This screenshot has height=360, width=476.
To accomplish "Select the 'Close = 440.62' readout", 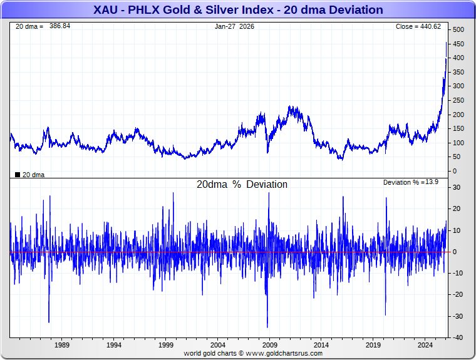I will [x=418, y=26].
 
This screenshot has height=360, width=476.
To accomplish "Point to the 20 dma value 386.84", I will [x=60, y=26].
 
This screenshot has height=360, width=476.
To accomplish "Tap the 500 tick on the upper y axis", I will [x=458, y=30].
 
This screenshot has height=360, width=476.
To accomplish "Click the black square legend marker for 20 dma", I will [x=17, y=175].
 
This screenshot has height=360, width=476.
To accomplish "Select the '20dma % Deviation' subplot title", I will [x=242, y=185].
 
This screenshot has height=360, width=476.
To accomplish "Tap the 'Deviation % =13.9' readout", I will [x=411, y=182].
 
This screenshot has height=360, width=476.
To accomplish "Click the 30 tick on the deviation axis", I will [x=457, y=187].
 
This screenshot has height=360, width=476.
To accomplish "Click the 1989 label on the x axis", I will [x=62, y=345].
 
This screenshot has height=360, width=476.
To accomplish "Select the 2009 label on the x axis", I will [x=269, y=345].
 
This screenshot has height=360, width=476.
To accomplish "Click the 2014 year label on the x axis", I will [x=321, y=345].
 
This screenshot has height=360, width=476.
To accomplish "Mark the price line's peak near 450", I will [x=446, y=43].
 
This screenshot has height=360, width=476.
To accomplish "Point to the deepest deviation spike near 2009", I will [x=267, y=327].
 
